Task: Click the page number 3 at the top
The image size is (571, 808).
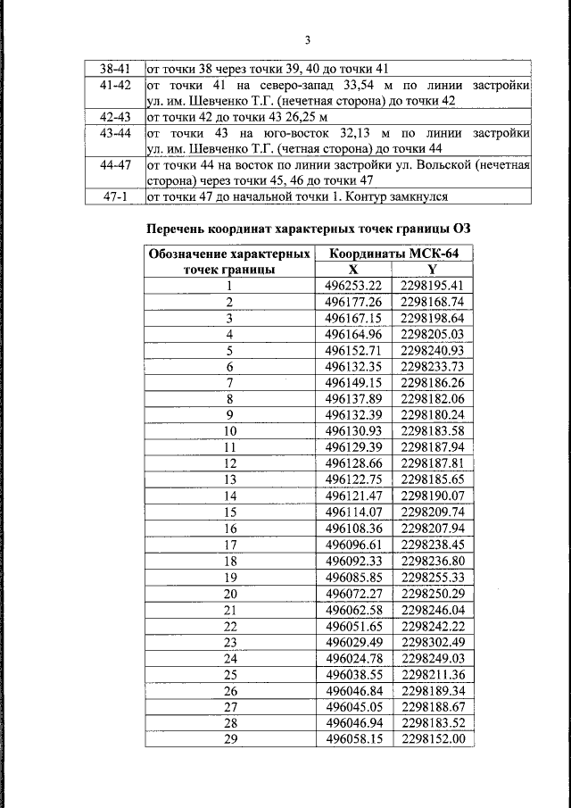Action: tap(306, 40)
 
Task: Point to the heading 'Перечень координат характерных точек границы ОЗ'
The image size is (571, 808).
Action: tap(308, 229)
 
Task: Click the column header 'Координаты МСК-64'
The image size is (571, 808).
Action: tap(394, 254)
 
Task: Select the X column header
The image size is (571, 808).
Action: tap(353, 269)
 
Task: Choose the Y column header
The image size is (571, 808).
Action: tap(432, 269)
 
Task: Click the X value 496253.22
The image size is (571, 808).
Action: tap(353, 286)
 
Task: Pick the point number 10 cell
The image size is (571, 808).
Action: tap(229, 431)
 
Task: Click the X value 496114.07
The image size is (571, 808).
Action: tap(353, 512)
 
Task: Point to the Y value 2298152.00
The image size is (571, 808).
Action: tap(433, 740)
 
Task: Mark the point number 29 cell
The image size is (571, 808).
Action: tap(229, 740)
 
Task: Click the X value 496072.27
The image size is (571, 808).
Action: tap(353, 594)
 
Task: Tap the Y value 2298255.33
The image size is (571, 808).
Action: tap(433, 578)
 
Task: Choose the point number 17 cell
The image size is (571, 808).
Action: tap(229, 546)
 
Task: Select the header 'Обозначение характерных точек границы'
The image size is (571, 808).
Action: tap(229, 261)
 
